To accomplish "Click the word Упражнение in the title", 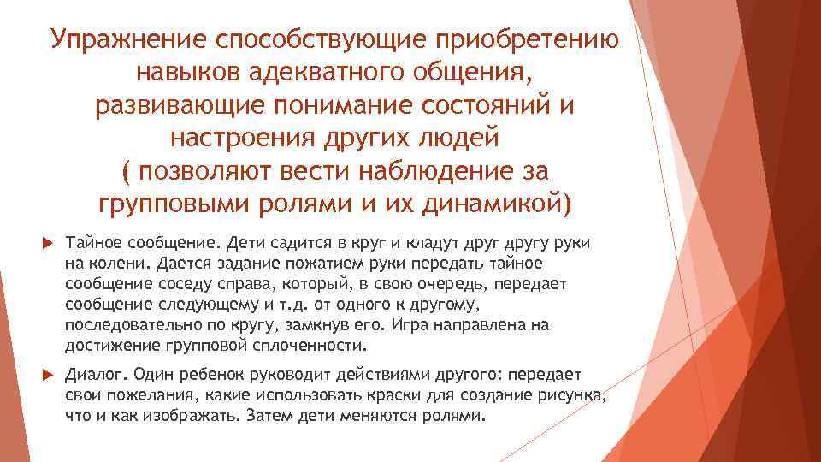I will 127,40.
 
